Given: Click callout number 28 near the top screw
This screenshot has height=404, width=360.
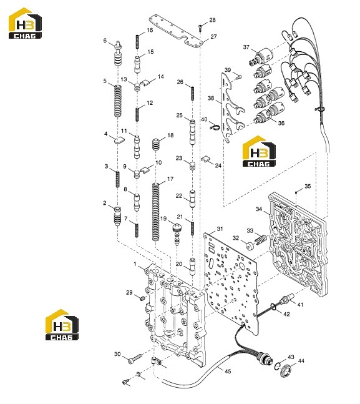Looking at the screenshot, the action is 213,20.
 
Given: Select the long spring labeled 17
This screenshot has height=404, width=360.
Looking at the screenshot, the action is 155,212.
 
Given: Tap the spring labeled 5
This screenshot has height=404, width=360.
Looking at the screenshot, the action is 118,101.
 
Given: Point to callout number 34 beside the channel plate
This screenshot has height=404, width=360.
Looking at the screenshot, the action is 259,209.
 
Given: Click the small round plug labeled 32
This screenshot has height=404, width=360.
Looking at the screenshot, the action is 250,246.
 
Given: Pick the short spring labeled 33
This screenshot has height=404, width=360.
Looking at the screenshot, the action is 260,240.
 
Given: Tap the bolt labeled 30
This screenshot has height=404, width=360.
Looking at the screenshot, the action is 135,358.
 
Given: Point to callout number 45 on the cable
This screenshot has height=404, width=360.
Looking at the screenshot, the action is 228,372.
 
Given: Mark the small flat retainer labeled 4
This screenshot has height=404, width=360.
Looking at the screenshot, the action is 119,140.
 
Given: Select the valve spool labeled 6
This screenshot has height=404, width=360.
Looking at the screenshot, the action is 118,54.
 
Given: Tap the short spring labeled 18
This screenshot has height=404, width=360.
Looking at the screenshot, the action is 155,144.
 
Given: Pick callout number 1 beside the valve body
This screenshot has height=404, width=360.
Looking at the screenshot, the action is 135,264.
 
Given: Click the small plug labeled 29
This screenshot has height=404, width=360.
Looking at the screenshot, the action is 142,298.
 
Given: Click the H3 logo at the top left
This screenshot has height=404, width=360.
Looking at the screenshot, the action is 25,23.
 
